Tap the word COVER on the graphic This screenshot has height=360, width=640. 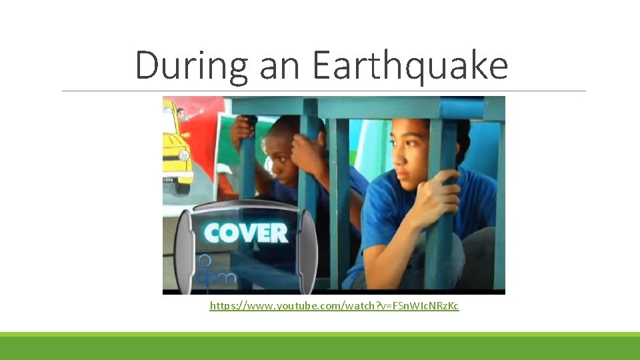point(246,233)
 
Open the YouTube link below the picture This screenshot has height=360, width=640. point(334,305)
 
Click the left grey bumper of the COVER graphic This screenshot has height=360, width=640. point(183,250)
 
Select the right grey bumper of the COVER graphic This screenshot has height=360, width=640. point(307,250)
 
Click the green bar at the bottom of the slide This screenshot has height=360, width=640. point(320,347)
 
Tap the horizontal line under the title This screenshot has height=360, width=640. point(324,91)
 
